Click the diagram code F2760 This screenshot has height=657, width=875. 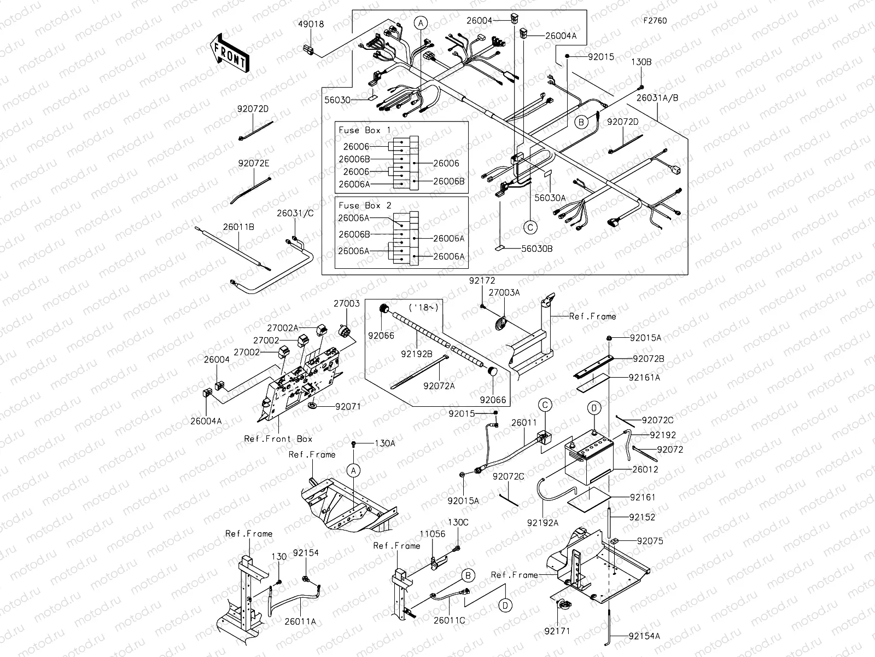coord(655,21)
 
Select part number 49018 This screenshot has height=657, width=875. coord(311,24)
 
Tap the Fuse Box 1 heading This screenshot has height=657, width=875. coord(365,130)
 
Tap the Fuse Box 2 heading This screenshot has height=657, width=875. coord(365,205)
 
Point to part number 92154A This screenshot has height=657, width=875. coord(644,636)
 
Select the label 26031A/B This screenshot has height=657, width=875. coord(657,98)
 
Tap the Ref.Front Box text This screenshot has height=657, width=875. coord(278,439)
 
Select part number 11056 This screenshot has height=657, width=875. coord(432,533)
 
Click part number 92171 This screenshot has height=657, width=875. coord(557,631)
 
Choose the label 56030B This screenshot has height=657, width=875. coord(536,248)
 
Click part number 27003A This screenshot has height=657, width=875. coord(504,293)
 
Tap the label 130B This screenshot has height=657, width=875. coord(641,62)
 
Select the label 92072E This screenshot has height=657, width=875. coord(253,163)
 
